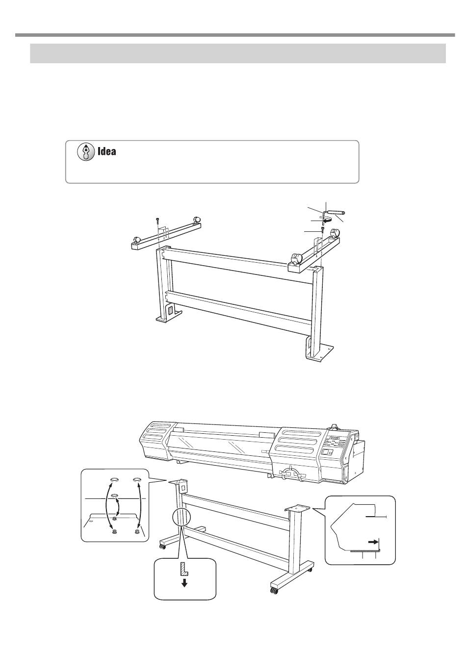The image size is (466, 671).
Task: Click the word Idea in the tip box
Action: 107,151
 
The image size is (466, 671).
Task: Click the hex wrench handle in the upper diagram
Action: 337,213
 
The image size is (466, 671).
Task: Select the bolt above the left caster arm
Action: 157,222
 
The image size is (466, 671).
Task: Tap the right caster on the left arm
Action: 197,220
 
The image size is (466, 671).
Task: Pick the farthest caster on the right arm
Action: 335,233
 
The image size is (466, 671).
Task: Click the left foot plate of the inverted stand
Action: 169,318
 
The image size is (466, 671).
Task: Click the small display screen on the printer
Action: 326,452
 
